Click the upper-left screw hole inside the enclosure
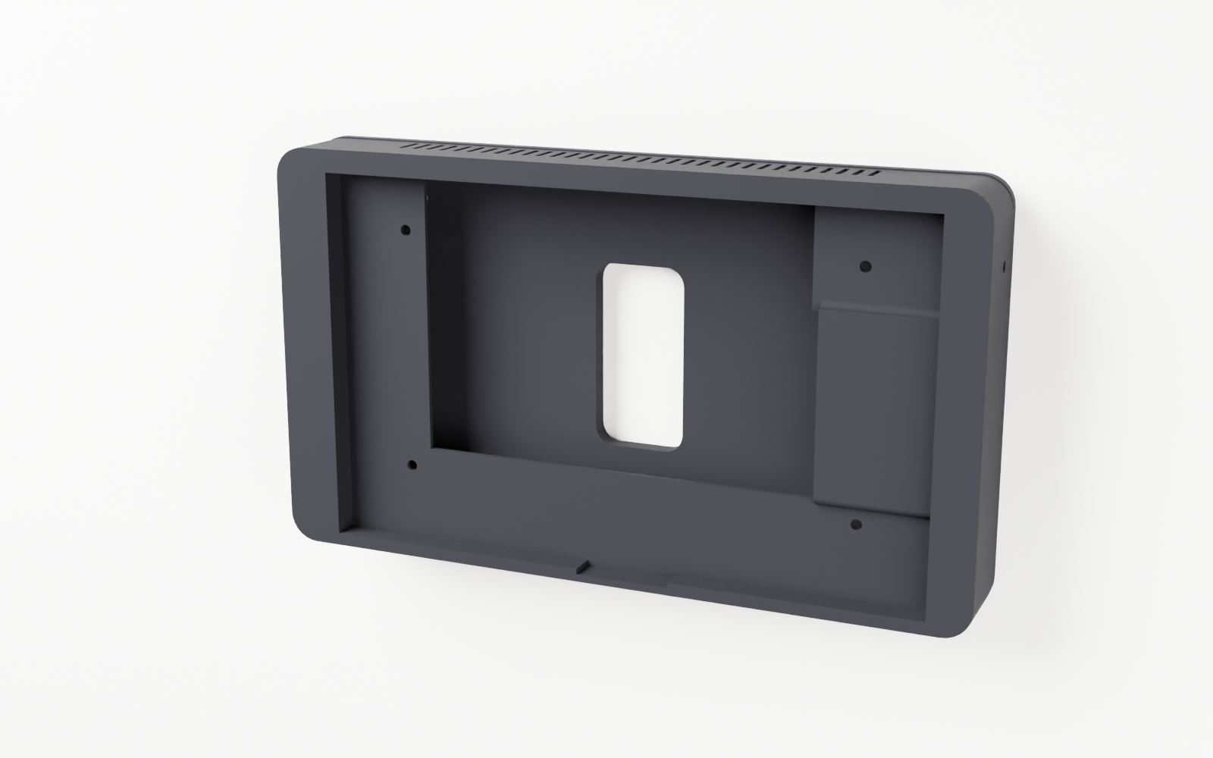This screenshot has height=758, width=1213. pos(405,229)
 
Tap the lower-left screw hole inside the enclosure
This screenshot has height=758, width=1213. pos(412,465)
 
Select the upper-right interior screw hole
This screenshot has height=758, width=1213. pos(866,267)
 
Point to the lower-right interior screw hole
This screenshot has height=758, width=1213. pos(857,525)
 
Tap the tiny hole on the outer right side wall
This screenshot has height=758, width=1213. pos(1005,266)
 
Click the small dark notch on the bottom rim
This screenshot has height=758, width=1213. pos(583,565)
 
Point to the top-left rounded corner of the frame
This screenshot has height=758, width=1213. pos(292,163)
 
